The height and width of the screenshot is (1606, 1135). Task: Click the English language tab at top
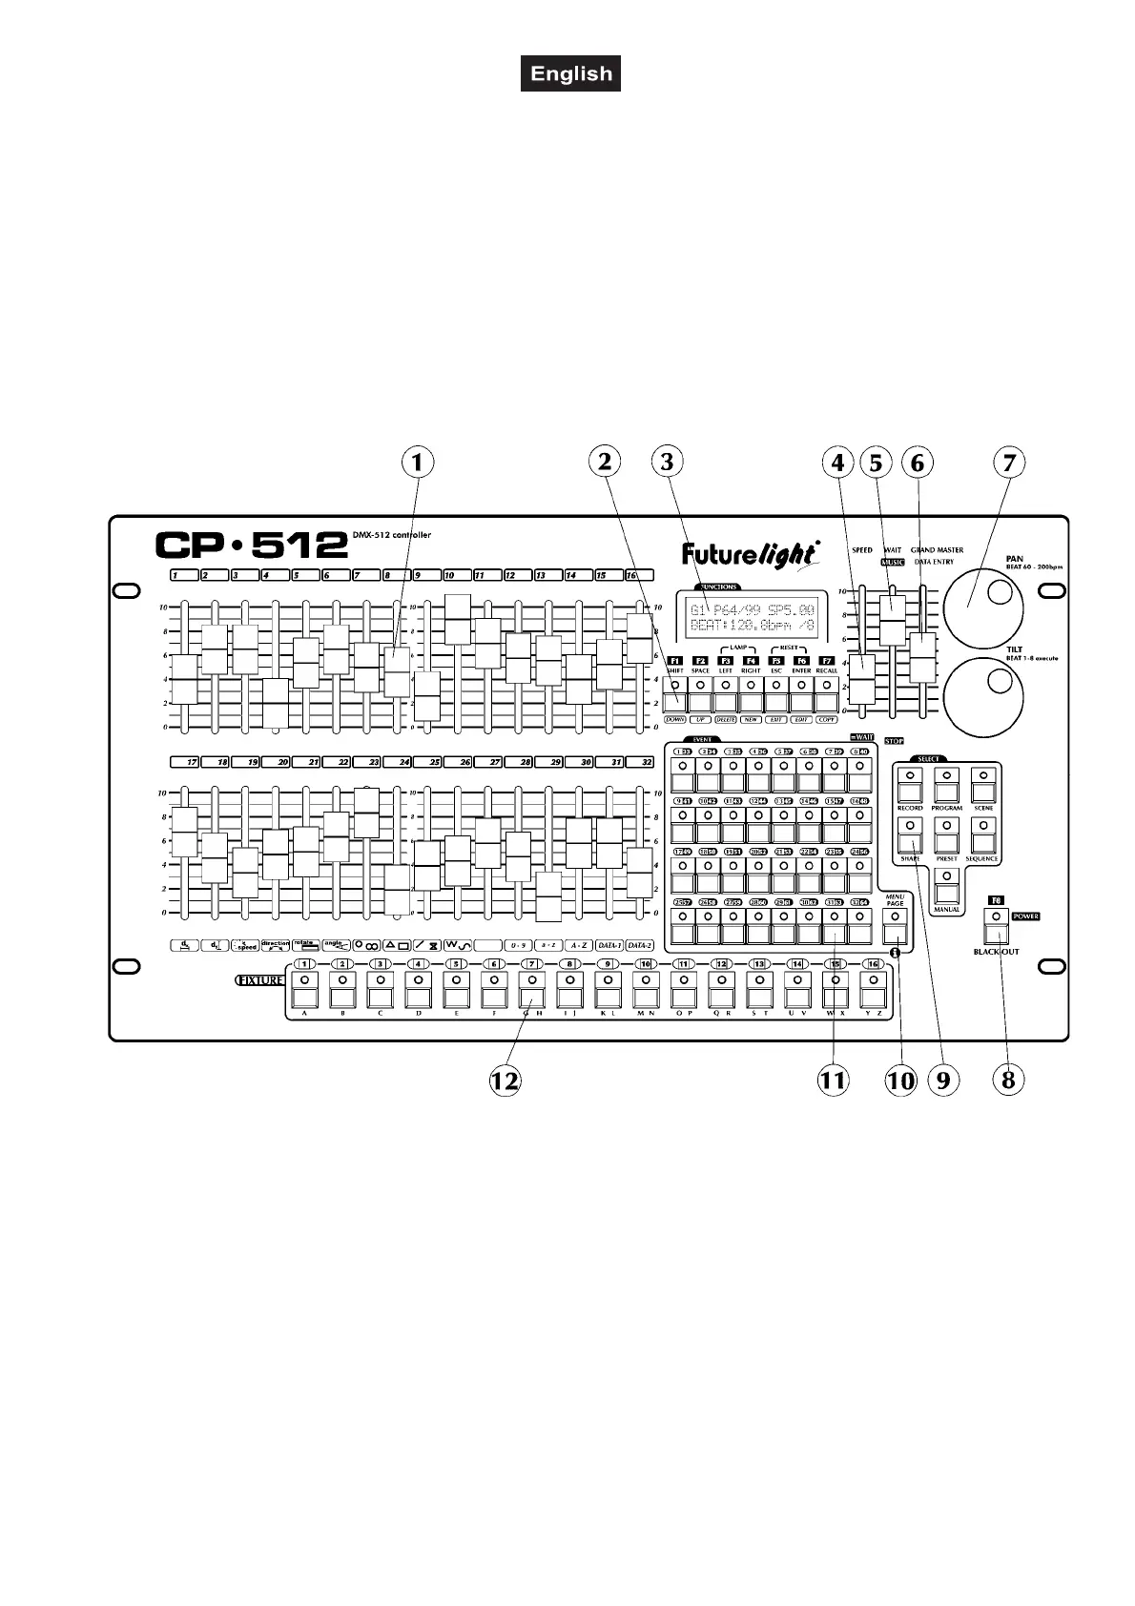tap(570, 73)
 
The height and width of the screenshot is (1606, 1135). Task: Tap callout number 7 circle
tap(1008, 463)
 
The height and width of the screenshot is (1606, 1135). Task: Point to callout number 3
tap(667, 463)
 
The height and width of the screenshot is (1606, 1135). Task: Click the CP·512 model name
tap(252, 545)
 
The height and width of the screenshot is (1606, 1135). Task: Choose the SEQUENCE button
tap(982, 838)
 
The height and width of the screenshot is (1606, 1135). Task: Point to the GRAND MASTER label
tap(936, 550)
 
